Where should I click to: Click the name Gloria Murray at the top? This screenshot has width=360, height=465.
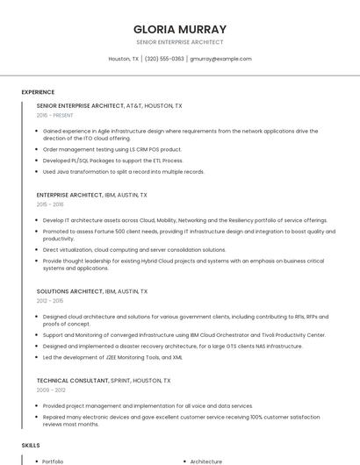[x=179, y=29]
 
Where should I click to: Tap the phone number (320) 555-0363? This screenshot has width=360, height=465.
[x=164, y=59]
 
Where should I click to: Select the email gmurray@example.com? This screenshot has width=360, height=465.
[x=220, y=59]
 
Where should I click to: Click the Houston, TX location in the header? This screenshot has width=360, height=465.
[x=123, y=59]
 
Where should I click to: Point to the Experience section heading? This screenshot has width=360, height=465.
[x=38, y=92]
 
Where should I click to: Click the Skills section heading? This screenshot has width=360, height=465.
[x=31, y=446]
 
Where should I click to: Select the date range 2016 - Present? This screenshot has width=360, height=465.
[x=54, y=115]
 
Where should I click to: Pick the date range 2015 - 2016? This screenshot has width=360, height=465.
[x=50, y=204]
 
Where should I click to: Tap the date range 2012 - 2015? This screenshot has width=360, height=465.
[x=50, y=300]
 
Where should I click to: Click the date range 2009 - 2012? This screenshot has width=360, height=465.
[x=51, y=390]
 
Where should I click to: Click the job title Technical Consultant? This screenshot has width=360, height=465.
[x=73, y=381]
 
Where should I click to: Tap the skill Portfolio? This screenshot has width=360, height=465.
[x=53, y=461]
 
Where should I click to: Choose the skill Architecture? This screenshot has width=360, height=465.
[x=206, y=461]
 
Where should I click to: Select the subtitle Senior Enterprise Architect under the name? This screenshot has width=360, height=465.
[x=179, y=42]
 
